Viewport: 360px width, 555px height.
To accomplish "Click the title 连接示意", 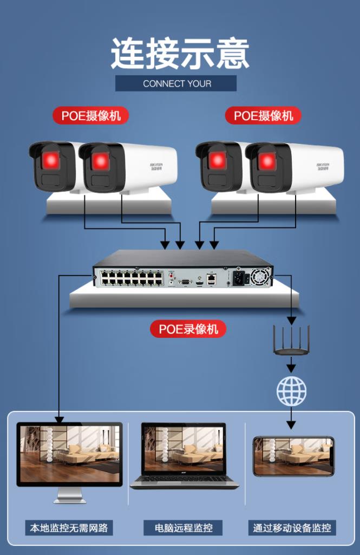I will [x=180, y=53].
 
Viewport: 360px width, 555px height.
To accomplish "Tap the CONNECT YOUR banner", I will [x=176, y=83].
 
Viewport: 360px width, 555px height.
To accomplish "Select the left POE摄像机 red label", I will [x=90, y=115].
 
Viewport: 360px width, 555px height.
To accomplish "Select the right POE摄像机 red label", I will [x=263, y=115].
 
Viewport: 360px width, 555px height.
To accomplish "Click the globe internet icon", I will [x=291, y=391].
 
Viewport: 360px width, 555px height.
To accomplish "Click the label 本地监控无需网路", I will [x=69, y=527].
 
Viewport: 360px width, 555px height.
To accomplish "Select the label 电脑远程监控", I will [x=184, y=527].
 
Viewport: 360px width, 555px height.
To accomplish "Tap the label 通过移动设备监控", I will [x=292, y=527].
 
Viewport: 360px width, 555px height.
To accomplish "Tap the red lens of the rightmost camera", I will [x=267, y=160].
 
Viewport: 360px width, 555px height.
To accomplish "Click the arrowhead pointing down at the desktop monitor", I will [x=59, y=419].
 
